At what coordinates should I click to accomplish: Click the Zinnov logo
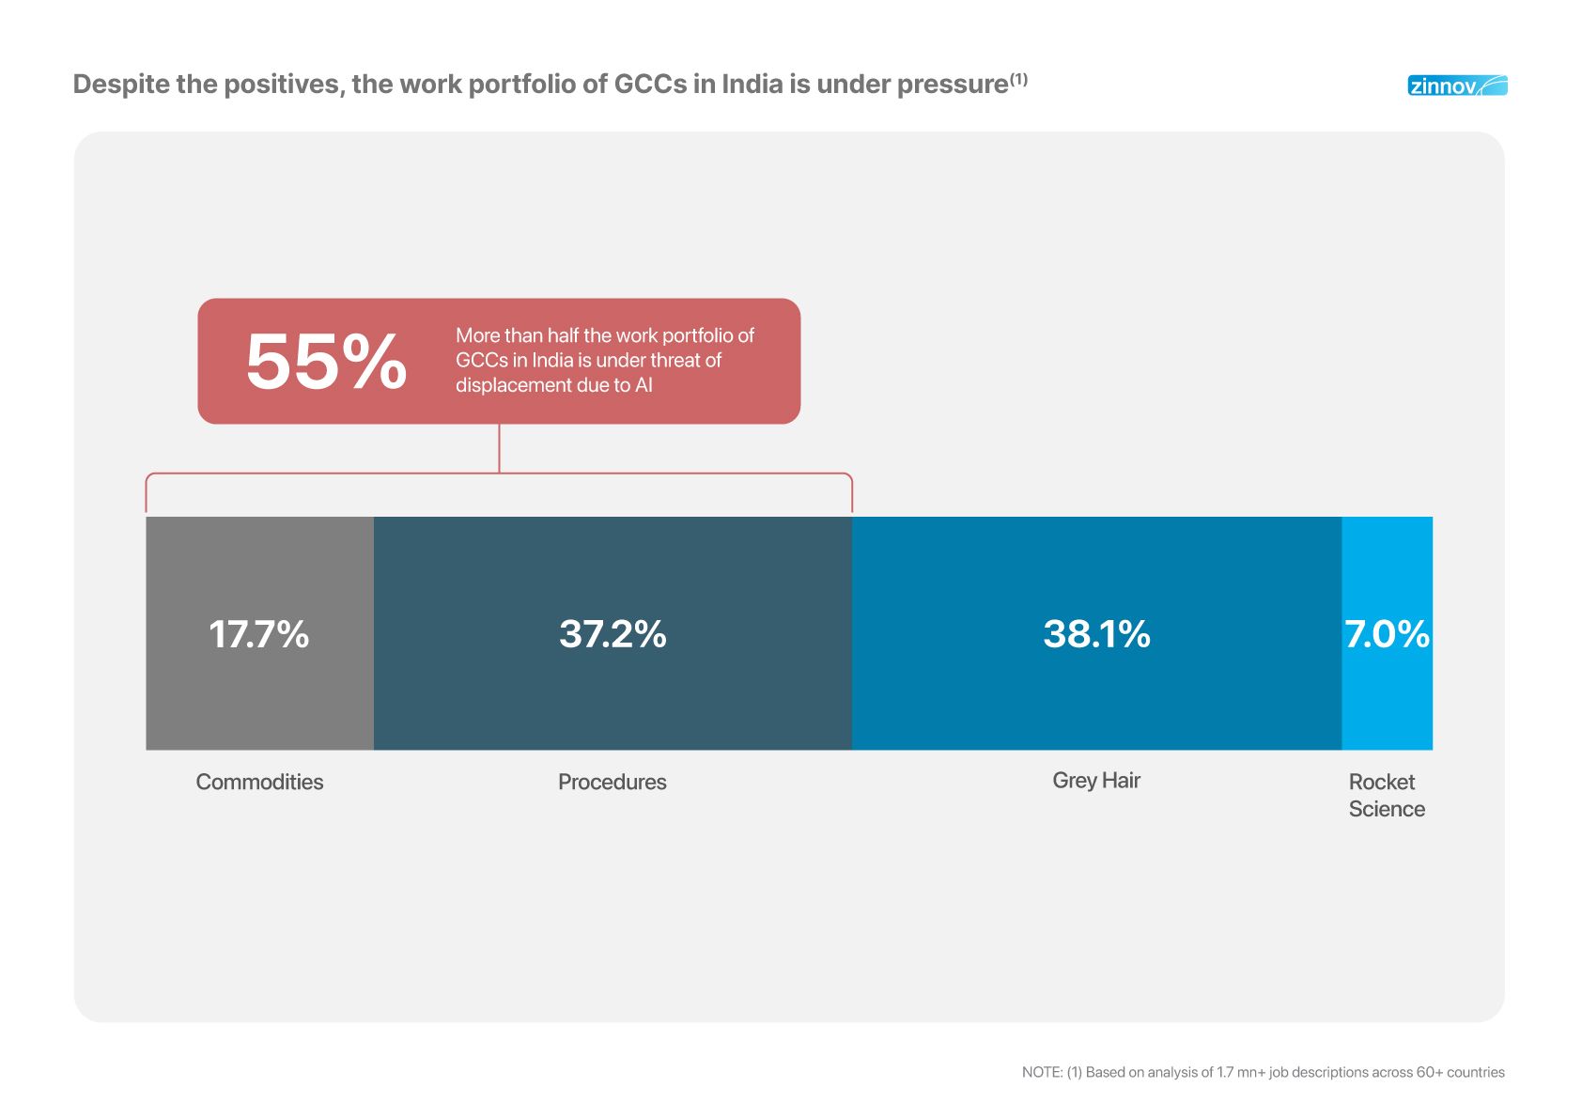click(x=1456, y=85)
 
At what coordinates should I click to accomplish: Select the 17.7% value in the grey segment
click(x=258, y=634)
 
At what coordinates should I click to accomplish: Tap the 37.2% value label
click(x=613, y=634)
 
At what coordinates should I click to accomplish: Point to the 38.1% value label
click(x=1096, y=634)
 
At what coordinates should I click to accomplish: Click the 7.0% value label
click(x=1387, y=634)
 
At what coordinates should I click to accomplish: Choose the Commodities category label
click(x=259, y=782)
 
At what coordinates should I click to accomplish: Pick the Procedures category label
click(x=613, y=782)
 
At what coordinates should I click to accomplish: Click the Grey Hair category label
click(x=1096, y=780)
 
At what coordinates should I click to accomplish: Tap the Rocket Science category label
click(x=1387, y=795)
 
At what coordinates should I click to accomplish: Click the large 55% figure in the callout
click(x=326, y=362)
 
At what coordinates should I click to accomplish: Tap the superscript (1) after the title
click(x=1018, y=79)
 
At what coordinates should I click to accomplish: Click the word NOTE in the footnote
click(x=1042, y=1072)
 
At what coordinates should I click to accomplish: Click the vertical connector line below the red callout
click(x=499, y=448)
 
